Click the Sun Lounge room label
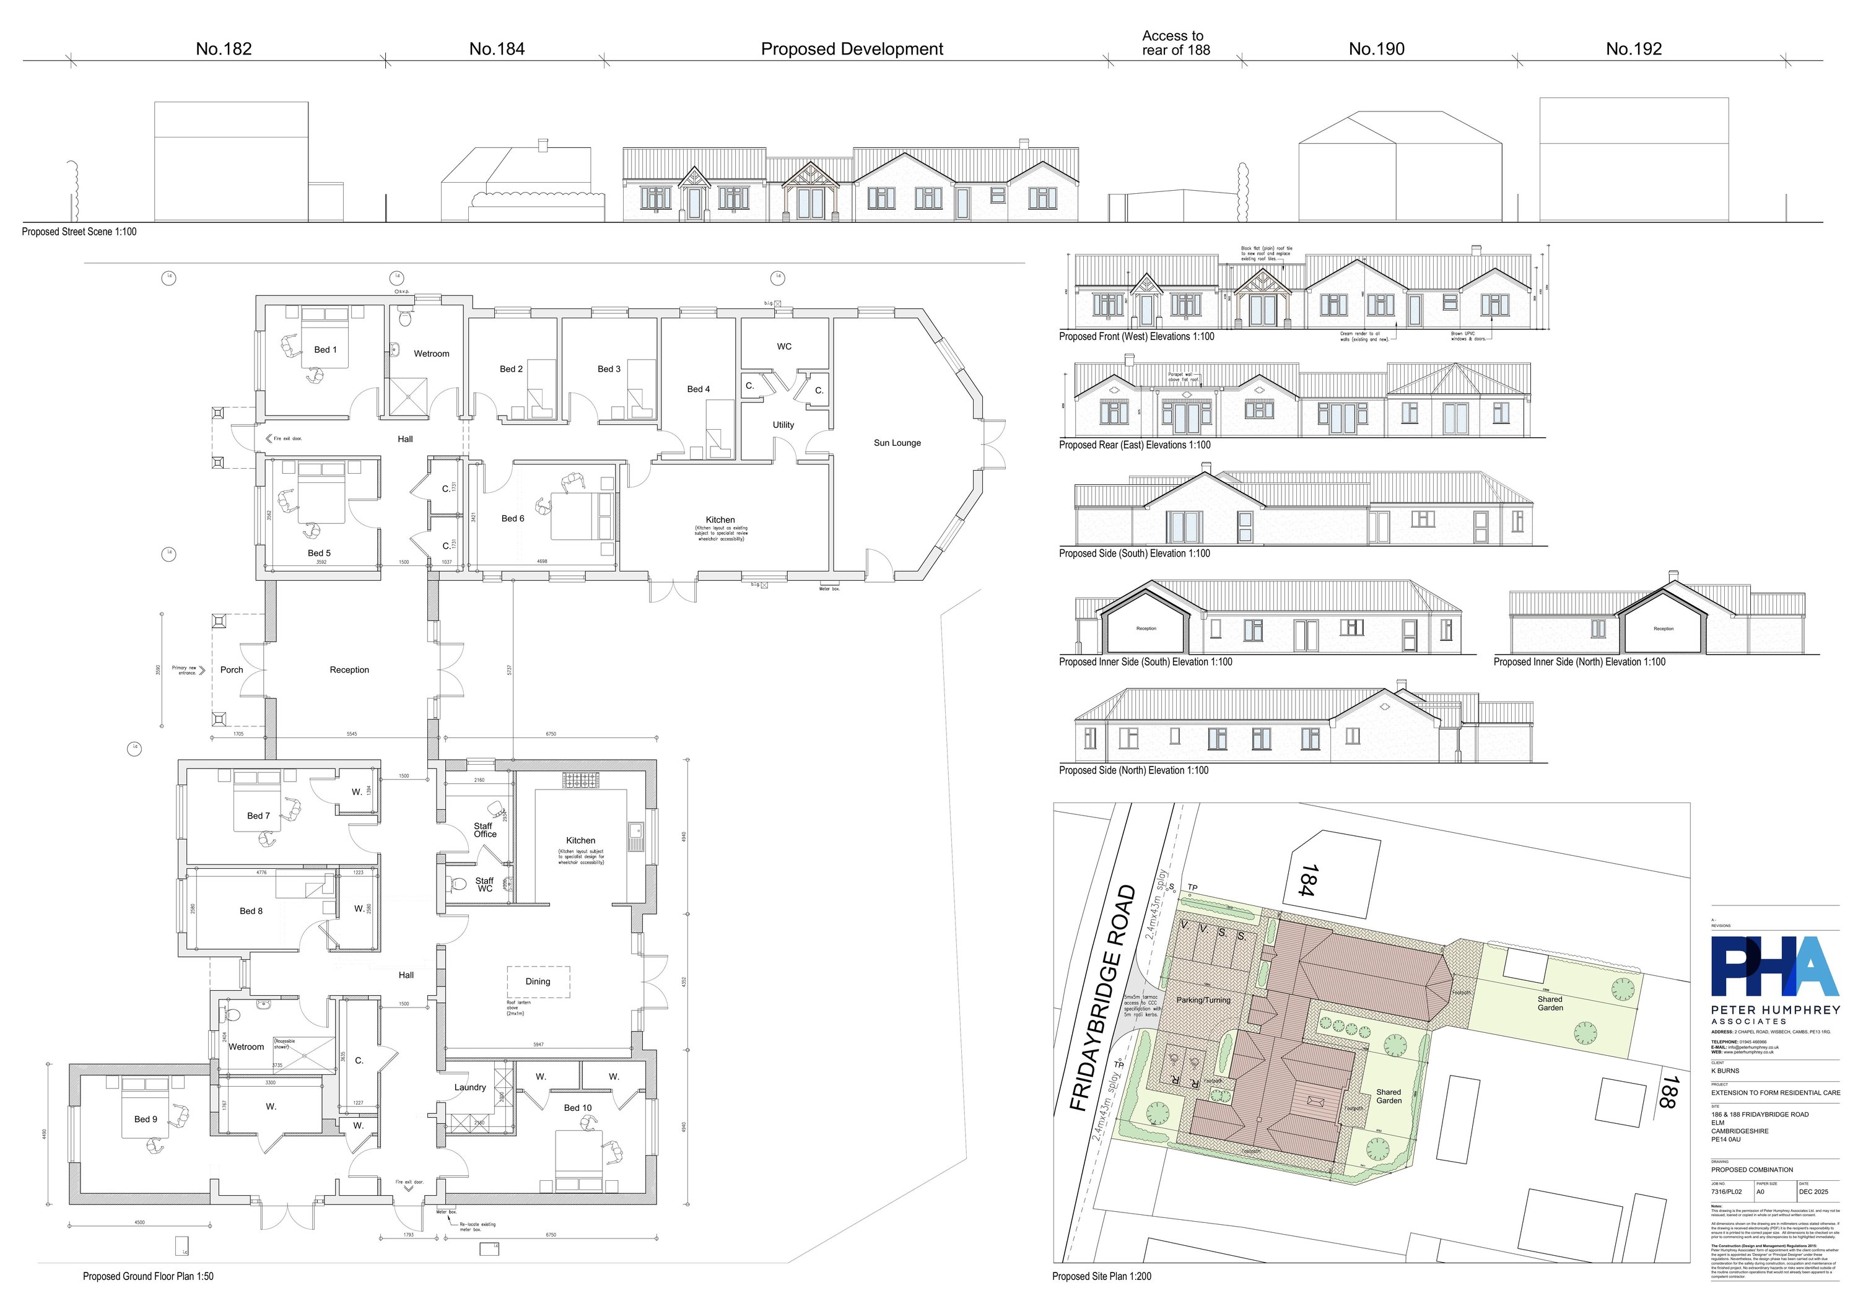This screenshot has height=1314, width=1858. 897,443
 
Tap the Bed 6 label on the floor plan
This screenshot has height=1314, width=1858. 512,519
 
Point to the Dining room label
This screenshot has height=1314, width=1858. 538,981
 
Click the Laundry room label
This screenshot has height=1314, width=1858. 469,1087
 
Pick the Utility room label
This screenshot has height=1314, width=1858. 783,425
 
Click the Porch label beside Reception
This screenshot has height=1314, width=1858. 232,670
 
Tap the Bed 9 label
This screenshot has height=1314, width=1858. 146,1119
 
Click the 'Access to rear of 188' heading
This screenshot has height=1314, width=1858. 1175,43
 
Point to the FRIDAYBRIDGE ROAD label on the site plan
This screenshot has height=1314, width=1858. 1104,998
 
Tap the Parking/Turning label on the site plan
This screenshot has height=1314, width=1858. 1203,1000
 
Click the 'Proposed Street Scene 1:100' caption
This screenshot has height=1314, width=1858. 79,232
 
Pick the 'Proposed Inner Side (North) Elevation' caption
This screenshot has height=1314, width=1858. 1579,662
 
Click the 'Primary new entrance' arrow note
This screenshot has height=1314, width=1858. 188,670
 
